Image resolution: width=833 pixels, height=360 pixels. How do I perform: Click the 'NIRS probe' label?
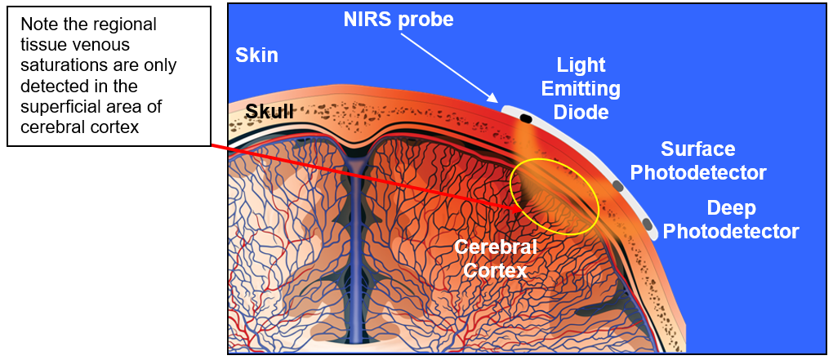(398, 19)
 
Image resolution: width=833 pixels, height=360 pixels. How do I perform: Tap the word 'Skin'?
(256, 56)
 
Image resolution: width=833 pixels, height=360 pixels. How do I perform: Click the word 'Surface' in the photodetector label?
(697, 149)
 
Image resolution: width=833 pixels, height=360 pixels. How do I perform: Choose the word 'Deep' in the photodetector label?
(731, 208)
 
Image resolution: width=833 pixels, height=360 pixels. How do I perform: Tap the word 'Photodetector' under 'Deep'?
(731, 232)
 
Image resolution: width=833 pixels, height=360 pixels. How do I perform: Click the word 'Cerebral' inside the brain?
(496, 247)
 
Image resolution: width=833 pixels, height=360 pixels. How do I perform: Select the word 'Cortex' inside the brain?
(496, 270)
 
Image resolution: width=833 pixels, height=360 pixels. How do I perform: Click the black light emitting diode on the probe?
(525, 119)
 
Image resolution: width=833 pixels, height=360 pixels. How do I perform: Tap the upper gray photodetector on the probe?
(617, 187)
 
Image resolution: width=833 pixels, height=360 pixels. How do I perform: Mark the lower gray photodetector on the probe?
(647, 223)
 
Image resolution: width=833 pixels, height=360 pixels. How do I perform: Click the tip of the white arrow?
(498, 102)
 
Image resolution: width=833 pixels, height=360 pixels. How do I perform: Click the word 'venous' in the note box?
(103, 46)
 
